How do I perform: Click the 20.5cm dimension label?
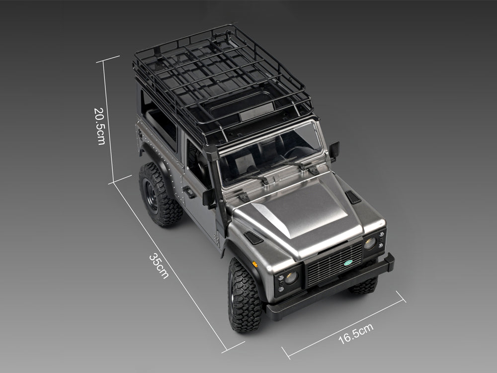(x=99, y=126)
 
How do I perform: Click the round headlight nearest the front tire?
(x=291, y=277)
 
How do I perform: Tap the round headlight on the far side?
(x=370, y=243)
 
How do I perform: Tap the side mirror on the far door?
(x=334, y=149)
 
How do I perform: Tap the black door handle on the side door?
(x=188, y=192)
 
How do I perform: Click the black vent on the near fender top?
(x=254, y=237)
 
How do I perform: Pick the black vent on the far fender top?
(x=353, y=197)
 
